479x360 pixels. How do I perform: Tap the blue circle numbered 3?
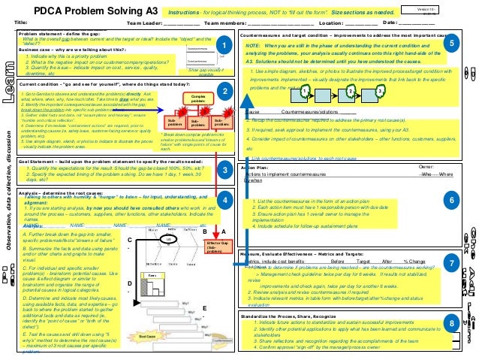(x=224, y=171)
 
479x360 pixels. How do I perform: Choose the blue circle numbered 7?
(x=452, y=264)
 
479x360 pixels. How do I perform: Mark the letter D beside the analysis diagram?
(x=131, y=284)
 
